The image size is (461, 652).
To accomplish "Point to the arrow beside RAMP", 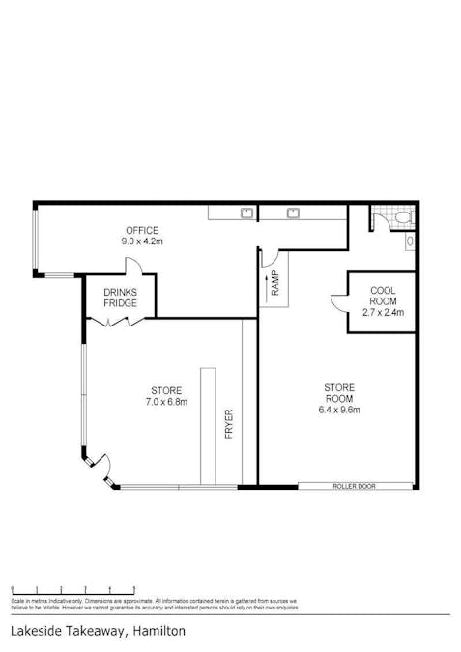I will click(265, 283).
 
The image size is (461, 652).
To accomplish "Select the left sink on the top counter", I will click(245, 211).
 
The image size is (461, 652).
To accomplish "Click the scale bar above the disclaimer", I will click(72, 588).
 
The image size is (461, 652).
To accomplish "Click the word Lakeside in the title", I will click(38, 631).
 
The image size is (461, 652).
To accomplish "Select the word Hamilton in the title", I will click(160, 631).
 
